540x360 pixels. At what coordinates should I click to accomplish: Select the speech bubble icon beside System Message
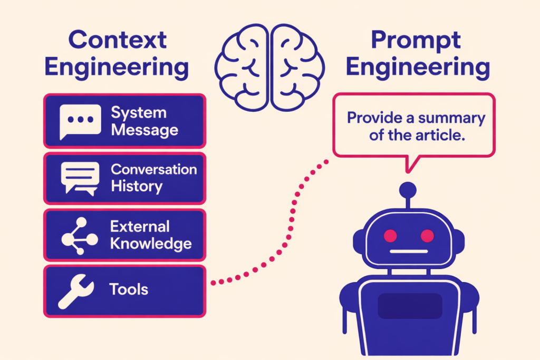[80, 121]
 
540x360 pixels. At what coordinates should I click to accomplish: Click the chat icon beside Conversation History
[80, 178]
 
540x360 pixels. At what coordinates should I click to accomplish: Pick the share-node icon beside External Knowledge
[79, 235]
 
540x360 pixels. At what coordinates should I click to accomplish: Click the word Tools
[129, 289]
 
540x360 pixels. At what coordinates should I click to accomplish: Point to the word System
[138, 113]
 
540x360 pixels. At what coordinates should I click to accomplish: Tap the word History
[136, 186]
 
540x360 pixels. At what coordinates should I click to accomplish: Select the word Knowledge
[150, 244]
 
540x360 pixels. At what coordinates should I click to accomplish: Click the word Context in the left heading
[117, 40]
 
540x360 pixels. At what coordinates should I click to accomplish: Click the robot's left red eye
[391, 235]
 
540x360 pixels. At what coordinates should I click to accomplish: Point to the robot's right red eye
[427, 235]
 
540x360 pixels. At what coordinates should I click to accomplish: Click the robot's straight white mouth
[409, 252]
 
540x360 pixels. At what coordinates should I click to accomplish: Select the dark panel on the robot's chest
[410, 306]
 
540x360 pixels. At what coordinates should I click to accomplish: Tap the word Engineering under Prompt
[418, 67]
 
